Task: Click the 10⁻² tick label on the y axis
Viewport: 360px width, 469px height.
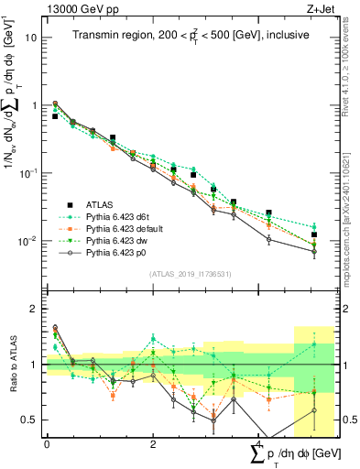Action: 27,241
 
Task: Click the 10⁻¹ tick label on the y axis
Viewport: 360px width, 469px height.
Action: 27,173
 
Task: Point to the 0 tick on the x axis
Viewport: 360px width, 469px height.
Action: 47,444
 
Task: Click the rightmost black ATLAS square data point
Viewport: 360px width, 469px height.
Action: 314,235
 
